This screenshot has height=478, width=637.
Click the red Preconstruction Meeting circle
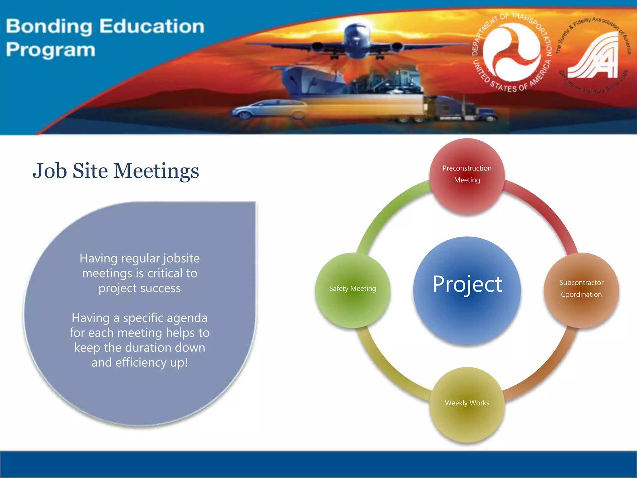tap(467, 176)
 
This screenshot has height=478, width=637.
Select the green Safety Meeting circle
tap(352, 290)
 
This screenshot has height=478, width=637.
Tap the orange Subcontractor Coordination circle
tap(581, 290)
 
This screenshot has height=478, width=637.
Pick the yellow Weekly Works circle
tap(467, 405)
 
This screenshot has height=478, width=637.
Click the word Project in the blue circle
tap(467, 284)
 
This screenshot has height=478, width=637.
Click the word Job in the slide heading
tap(50, 171)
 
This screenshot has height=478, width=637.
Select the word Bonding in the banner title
tap(49, 27)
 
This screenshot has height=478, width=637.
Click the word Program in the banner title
tap(50, 50)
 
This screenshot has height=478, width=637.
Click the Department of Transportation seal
tap(512, 52)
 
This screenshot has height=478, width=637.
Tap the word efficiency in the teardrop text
tap(141, 363)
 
